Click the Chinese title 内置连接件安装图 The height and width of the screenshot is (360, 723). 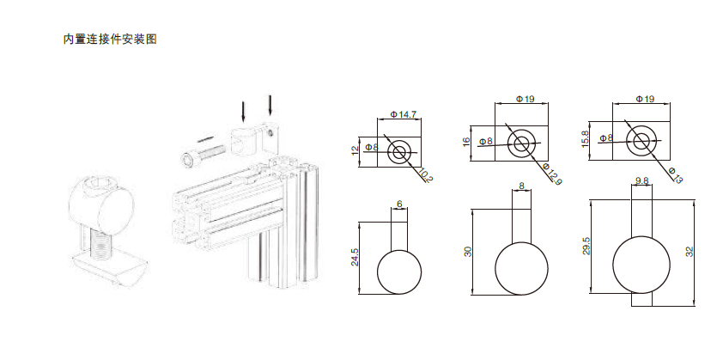(x=110, y=40)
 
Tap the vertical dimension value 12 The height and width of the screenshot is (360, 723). (x=355, y=151)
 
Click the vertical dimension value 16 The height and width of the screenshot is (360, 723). (x=466, y=142)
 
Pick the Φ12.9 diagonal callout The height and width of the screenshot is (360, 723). (x=552, y=174)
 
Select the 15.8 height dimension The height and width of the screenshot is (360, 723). (x=586, y=139)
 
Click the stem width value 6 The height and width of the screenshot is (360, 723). (x=399, y=204)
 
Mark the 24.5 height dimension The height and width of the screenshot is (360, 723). (x=355, y=257)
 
